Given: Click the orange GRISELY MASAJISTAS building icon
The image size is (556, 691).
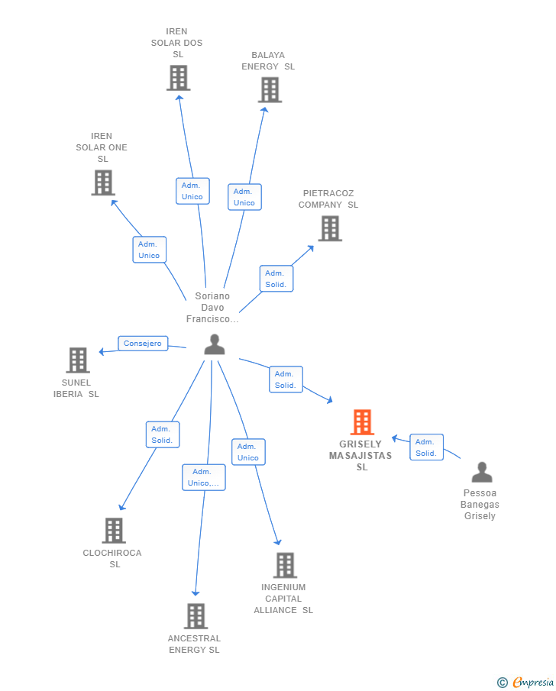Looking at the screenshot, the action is click(363, 421).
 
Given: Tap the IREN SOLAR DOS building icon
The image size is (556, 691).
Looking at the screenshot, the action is click(179, 78).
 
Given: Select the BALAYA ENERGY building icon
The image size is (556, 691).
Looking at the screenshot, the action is click(270, 90).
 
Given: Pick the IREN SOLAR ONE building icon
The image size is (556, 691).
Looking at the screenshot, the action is click(103, 182).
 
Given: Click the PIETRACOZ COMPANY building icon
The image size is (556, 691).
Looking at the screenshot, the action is click(330, 228).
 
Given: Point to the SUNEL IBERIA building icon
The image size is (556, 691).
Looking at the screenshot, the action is click(78, 360).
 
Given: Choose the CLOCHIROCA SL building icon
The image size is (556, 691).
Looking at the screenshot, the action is click(114, 530).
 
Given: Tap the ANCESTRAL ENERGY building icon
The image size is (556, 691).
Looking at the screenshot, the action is click(196, 615).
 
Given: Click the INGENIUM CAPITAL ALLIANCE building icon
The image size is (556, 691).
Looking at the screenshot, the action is click(286, 565).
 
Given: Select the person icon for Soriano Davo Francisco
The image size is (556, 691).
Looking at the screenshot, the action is click(215, 344).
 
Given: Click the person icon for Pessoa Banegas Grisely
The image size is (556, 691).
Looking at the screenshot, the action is click(482, 472).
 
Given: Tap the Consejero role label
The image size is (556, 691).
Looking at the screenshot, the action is click(143, 344).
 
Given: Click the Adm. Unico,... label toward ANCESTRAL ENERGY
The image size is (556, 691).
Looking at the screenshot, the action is click(204, 477).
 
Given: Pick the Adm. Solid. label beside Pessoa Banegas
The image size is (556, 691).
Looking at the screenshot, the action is click(426, 447).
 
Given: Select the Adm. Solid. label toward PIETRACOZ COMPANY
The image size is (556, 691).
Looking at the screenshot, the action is click(276, 279).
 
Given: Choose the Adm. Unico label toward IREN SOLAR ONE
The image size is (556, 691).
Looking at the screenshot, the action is click(150, 250).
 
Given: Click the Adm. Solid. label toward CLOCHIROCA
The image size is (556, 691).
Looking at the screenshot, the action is click(163, 434).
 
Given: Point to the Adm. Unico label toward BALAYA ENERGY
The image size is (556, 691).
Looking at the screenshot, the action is click(244, 197).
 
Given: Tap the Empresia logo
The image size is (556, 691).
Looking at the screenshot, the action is click(525, 682).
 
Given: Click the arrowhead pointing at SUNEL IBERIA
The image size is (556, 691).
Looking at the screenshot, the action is click(102, 351).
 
